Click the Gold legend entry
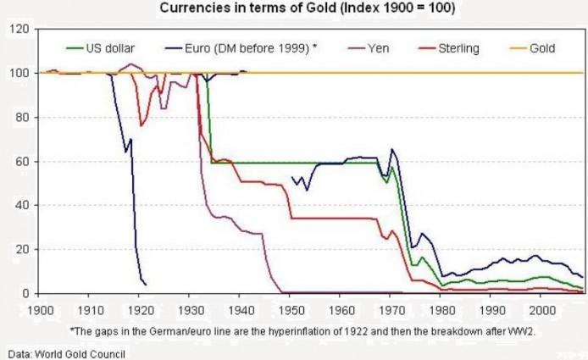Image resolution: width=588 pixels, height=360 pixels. tap(541, 48)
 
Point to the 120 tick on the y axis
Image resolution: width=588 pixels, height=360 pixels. tap(20, 30)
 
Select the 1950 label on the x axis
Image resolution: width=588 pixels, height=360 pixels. tap(291, 310)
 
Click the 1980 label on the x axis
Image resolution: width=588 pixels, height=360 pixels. tap(441, 310)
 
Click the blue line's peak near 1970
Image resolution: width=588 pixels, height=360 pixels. tap(391, 150)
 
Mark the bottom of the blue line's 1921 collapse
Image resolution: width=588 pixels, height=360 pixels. tap(145, 283)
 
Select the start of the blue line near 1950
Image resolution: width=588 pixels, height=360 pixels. tap(291, 178)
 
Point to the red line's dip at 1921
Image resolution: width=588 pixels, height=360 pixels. tap(141, 125)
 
